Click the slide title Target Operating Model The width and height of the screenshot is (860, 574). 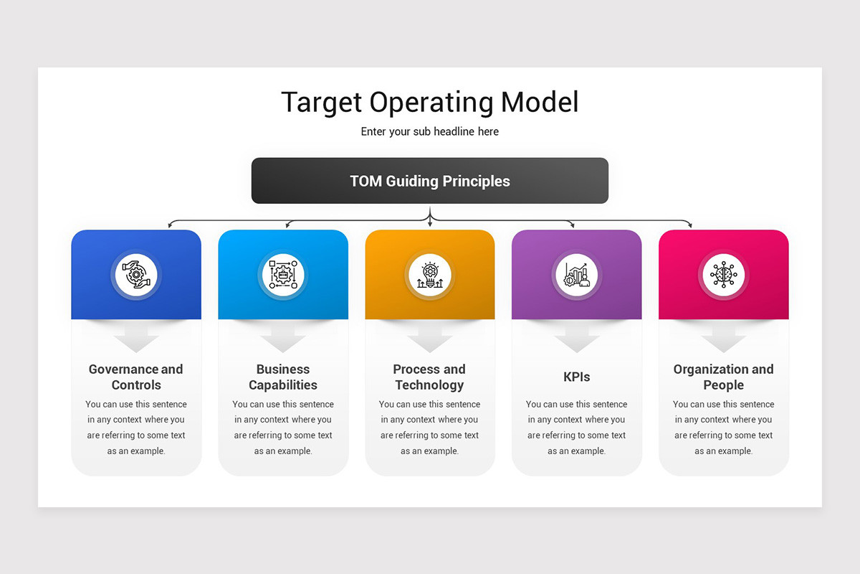(429, 102)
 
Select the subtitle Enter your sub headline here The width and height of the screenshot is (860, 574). (429, 132)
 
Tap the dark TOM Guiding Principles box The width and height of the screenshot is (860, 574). (429, 181)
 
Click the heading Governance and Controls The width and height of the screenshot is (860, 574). (136, 377)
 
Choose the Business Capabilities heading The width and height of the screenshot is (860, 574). (282, 377)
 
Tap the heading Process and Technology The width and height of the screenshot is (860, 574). (429, 377)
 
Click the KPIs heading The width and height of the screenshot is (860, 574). (576, 377)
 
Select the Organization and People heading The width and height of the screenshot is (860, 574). (723, 377)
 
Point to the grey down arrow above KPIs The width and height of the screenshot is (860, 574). (576, 337)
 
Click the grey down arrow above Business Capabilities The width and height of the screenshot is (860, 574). (282, 337)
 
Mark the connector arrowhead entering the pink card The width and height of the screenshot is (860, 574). (691, 225)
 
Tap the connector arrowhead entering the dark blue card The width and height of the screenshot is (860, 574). (170, 225)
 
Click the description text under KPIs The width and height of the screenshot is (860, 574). (576, 428)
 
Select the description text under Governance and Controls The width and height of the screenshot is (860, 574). (136, 428)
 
